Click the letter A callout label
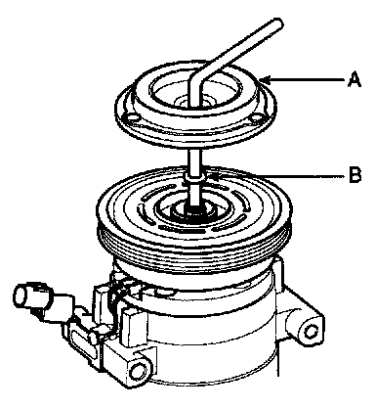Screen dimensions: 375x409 [354, 80]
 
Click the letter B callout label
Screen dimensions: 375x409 [354, 175]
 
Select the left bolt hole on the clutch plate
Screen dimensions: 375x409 [131, 117]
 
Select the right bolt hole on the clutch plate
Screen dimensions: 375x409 [256, 117]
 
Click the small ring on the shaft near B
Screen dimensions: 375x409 [194, 178]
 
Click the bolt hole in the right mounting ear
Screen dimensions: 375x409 [310, 332]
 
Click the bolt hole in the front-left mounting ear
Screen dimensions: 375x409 [138, 369]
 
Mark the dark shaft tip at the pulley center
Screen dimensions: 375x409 [194, 208]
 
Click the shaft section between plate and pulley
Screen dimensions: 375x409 [194, 159]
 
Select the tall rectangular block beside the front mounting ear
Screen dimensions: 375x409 [133, 328]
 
